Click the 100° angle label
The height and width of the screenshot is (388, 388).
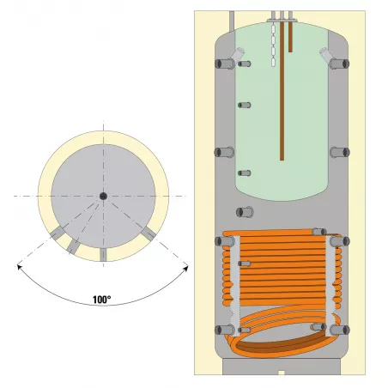101,300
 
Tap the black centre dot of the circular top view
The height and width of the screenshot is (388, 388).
102,196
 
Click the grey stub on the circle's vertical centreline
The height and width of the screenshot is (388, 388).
102,254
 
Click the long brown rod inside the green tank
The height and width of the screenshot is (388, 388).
281,94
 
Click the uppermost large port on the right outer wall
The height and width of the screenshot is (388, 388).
342,64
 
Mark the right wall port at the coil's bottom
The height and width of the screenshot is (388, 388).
342,330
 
